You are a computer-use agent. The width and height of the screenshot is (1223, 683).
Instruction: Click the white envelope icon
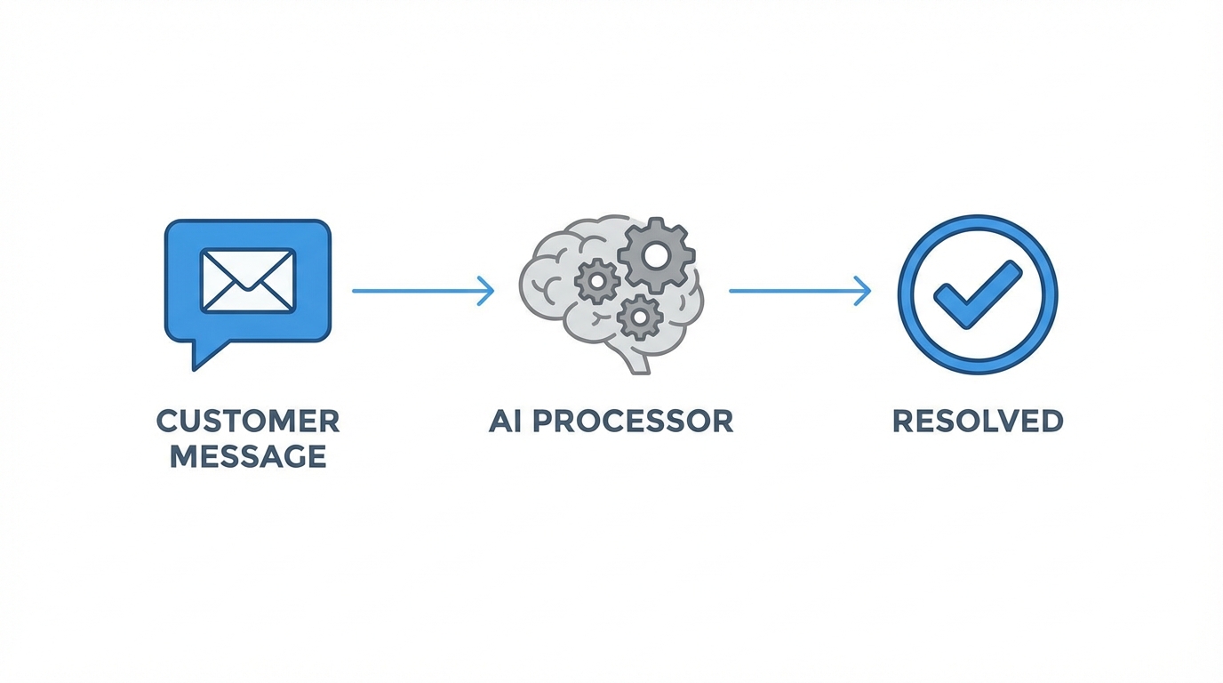click(248, 280)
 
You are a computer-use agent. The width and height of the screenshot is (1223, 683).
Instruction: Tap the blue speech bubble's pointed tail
click(204, 354)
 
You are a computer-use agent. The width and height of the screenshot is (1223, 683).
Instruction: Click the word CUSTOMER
click(248, 421)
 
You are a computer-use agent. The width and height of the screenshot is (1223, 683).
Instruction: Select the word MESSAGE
click(248, 456)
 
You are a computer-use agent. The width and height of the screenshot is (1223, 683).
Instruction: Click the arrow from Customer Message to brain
click(418, 291)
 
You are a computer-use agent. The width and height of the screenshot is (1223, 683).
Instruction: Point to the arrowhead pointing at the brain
click(487, 291)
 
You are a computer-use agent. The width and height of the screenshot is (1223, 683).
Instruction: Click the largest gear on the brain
click(656, 254)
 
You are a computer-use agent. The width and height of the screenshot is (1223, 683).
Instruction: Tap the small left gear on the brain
click(596, 282)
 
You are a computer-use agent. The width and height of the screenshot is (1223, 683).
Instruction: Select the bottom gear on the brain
click(639, 316)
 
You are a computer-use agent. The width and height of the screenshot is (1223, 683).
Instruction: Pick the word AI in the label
click(503, 421)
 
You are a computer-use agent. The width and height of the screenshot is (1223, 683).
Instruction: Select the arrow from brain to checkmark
click(795, 291)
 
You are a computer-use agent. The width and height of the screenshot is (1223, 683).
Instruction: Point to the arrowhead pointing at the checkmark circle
click(864, 291)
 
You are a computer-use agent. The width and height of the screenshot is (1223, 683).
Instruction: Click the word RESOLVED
click(978, 421)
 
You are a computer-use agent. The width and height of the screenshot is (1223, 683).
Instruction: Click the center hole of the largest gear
click(656, 255)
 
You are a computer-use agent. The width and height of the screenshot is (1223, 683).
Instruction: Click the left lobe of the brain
click(547, 285)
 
